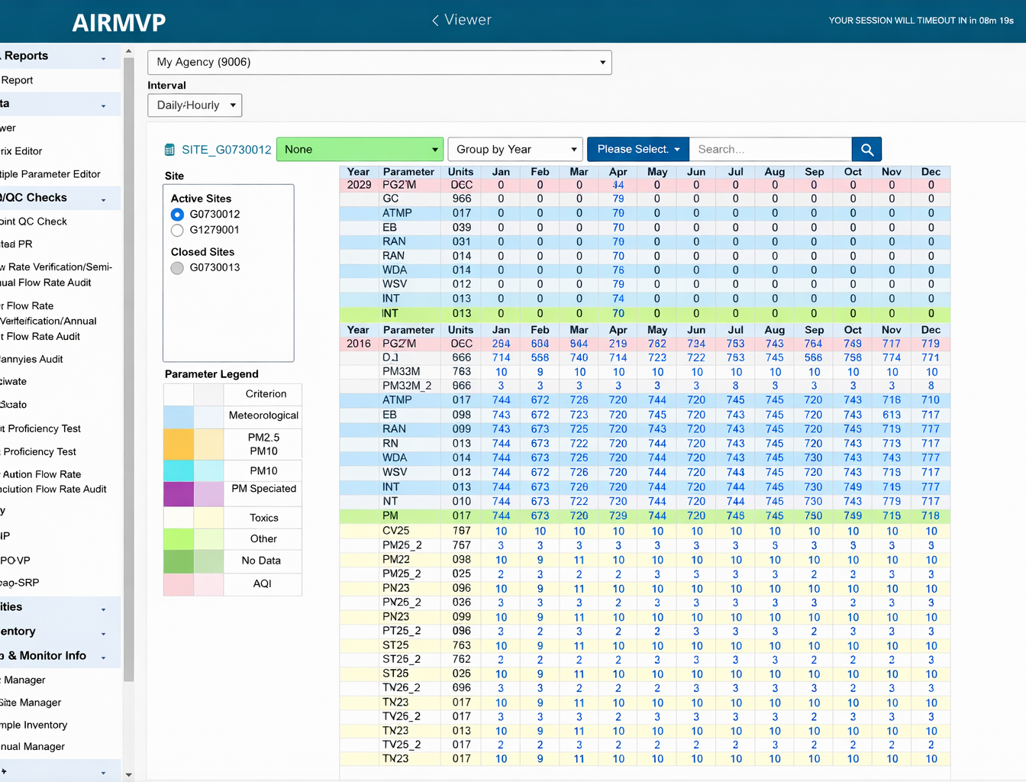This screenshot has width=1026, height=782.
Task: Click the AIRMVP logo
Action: point(118,22)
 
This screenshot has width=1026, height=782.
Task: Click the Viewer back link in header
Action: point(462,20)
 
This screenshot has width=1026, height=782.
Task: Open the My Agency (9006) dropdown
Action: point(379,63)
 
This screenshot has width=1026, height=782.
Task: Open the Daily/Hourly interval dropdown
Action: point(195,105)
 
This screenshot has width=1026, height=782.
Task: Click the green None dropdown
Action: point(360,150)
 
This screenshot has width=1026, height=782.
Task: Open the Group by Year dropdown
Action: point(515,150)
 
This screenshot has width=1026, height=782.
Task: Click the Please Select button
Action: point(637,150)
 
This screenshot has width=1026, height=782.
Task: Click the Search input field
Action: point(769,150)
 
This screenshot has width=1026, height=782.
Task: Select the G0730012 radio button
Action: point(177,215)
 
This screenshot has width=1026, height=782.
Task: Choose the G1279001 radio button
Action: point(177,230)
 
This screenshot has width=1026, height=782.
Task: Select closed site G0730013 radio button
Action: point(177,268)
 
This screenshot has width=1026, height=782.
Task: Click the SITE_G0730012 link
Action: point(226,150)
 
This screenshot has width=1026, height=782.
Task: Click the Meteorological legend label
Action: point(263,415)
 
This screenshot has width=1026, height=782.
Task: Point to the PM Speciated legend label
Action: point(263,489)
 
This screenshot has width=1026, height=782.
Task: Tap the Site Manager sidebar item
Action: point(31,703)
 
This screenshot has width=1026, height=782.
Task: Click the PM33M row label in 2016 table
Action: point(401,372)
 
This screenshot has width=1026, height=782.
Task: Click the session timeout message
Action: point(921,21)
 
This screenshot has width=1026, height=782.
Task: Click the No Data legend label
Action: point(261,561)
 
